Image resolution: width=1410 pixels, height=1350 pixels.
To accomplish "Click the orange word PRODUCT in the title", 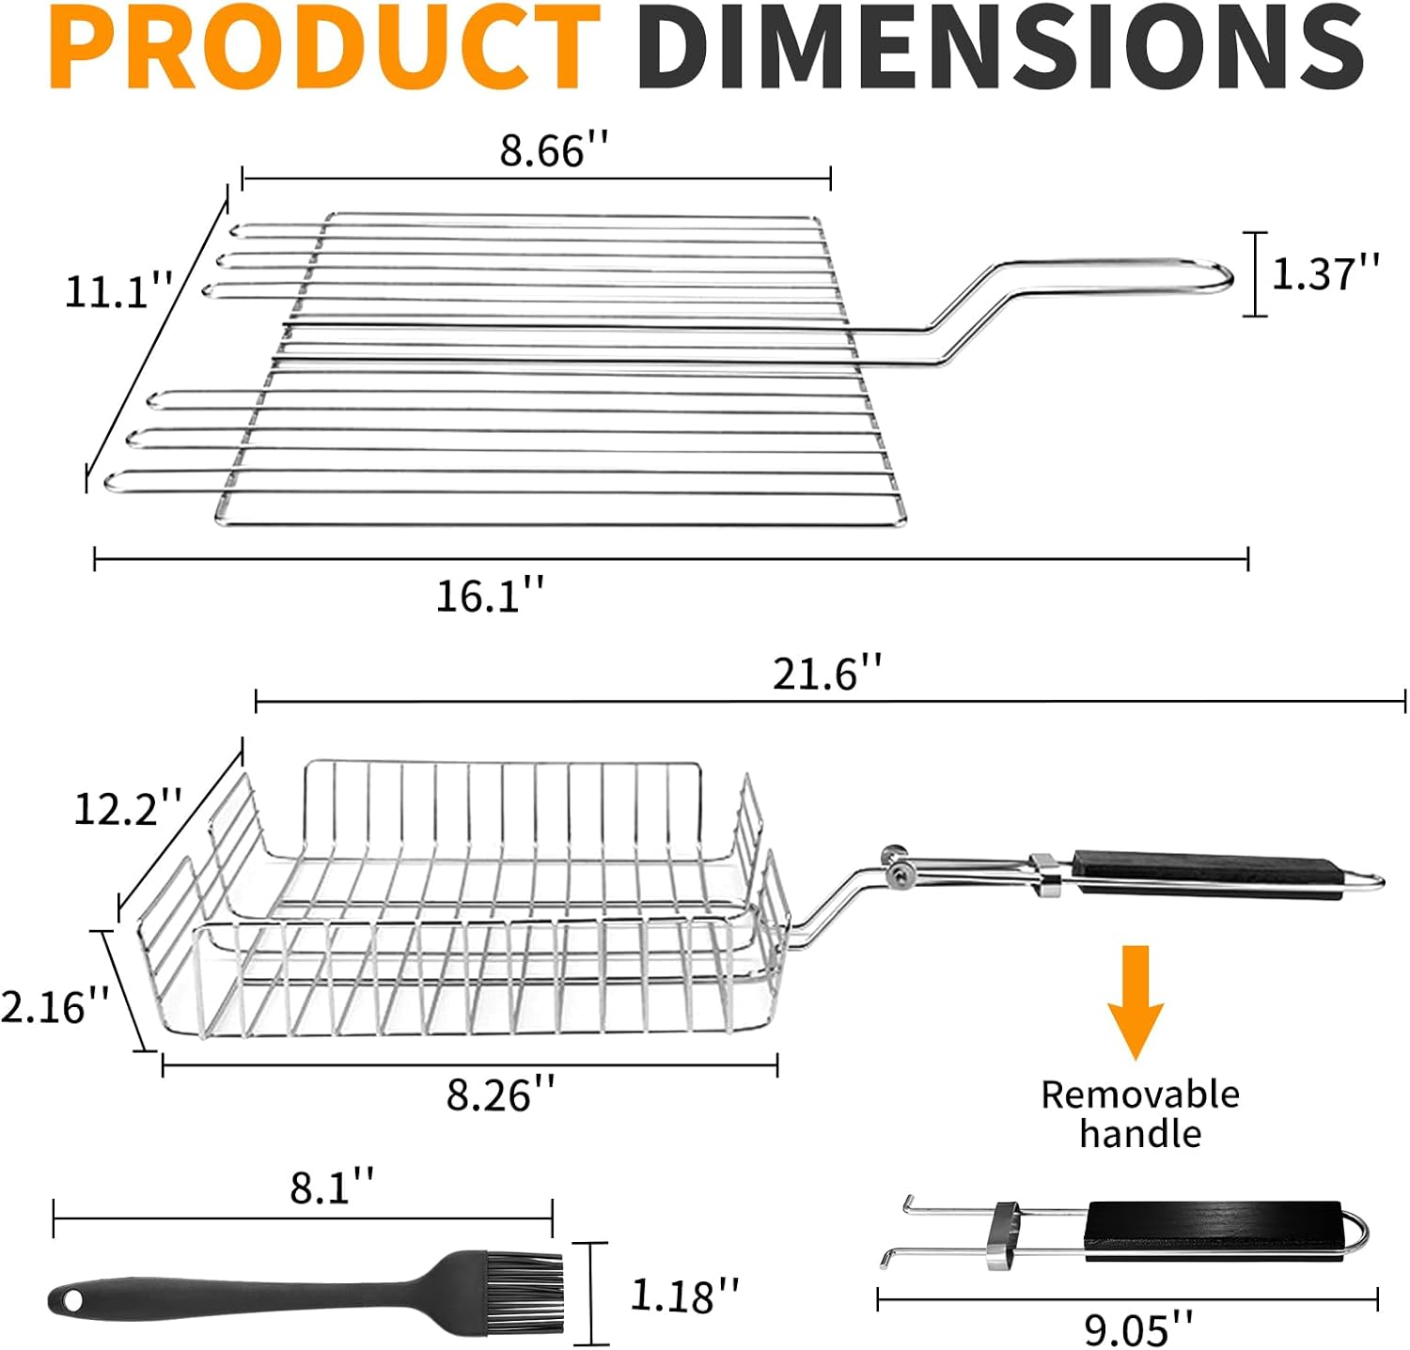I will pos(325,47).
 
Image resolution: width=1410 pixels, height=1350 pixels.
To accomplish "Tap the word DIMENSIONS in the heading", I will pos(1001,47).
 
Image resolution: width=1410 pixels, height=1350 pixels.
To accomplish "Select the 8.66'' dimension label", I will pos(555,150).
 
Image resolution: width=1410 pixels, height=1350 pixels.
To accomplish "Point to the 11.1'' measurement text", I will pos(118,291).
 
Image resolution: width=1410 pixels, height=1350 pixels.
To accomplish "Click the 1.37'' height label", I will pos(1325,273).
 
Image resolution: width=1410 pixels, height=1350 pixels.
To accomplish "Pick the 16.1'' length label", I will pos(490,596).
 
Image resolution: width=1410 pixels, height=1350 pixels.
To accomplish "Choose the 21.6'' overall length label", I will pos(827,675).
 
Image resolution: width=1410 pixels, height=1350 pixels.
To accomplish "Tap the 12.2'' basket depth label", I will pos(128,808).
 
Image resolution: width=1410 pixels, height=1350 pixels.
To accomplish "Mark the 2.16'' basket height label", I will pos(55,1006).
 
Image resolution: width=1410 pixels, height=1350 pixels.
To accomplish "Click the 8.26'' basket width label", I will pos(500,1094).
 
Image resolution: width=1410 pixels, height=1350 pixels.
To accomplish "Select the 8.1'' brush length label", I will pos(332,1187).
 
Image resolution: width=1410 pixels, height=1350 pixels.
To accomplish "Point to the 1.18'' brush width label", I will pos(684,1296).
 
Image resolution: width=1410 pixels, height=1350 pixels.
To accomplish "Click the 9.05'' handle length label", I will pos(1138,1329).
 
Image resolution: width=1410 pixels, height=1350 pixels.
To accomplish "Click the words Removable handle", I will pos(1139,1114).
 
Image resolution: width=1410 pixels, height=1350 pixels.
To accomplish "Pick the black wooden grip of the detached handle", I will pos(1213,1231).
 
